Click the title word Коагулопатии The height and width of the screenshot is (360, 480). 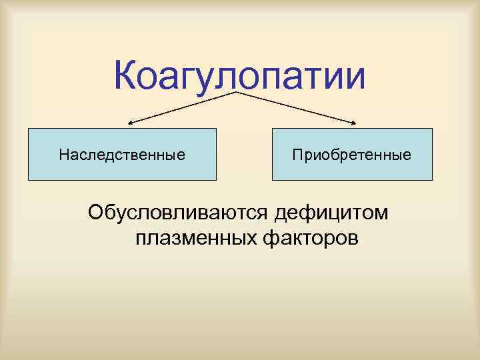[240, 76]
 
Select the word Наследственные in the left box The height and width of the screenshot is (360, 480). [122, 155]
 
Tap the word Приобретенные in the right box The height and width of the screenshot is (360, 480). [351, 155]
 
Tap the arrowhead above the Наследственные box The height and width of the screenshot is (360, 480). [131, 123]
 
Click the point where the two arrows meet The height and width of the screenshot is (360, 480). [237, 92]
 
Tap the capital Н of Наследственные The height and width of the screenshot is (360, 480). [63, 155]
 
